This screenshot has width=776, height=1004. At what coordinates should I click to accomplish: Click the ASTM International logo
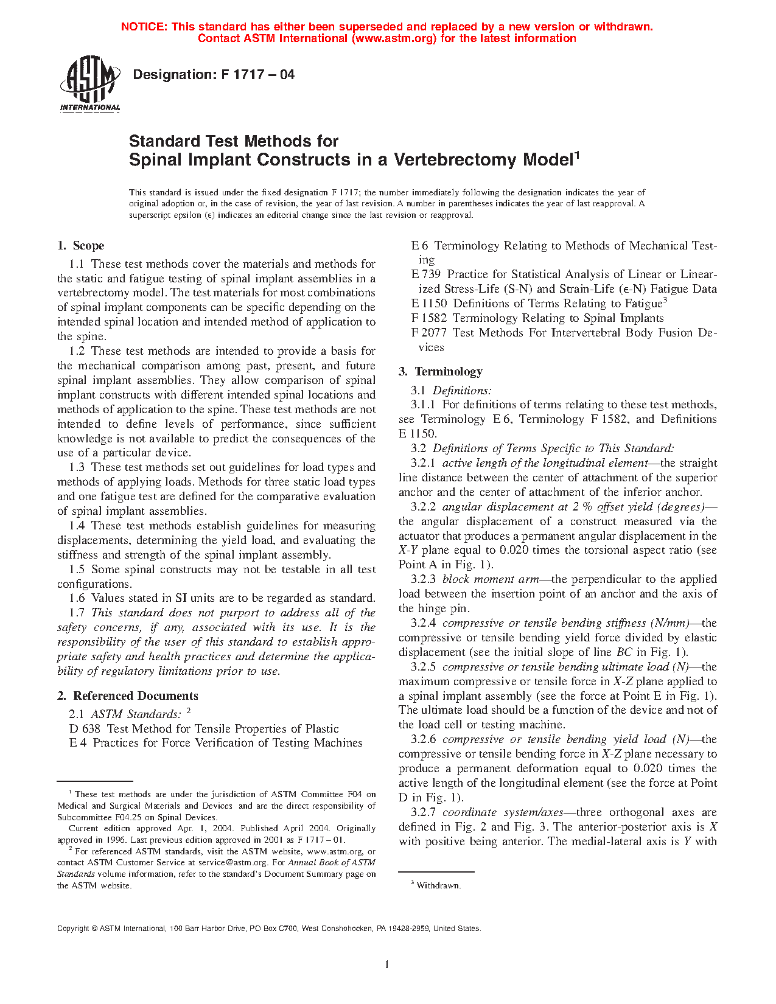point(90,83)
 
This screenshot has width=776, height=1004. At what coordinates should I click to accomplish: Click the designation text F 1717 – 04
point(214,75)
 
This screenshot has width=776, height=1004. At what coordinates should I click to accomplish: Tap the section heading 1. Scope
point(81,246)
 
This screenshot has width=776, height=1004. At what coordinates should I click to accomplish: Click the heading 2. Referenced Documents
point(128,696)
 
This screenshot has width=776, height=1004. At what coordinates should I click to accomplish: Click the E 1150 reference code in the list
point(429,304)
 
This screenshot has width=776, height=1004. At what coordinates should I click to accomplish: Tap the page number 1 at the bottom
point(387,964)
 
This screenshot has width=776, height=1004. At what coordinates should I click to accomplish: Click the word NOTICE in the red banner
point(144,27)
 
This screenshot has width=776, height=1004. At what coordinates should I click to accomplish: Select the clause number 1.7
point(77,613)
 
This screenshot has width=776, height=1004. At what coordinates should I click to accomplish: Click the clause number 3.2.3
point(423,579)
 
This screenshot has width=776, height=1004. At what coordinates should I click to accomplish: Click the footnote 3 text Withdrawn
point(439,886)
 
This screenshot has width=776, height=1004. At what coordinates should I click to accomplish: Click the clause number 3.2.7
point(423,812)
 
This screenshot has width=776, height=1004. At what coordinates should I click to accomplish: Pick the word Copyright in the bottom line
point(73,929)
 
